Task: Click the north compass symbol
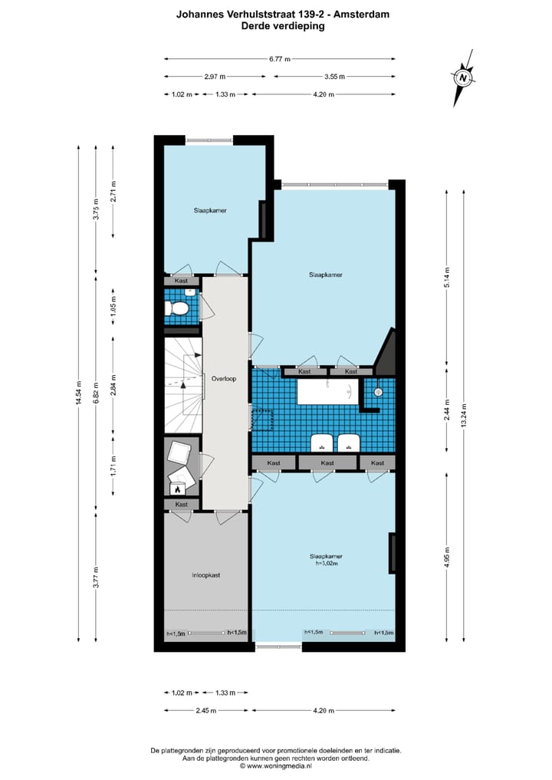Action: (463, 77)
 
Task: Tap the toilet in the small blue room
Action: (178, 308)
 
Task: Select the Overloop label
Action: (224, 378)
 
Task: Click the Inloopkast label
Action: (205, 574)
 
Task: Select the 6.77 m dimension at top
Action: (279, 58)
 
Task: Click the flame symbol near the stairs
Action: (178, 488)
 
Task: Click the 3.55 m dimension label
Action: (334, 76)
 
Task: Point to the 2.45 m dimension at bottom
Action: (205, 710)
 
